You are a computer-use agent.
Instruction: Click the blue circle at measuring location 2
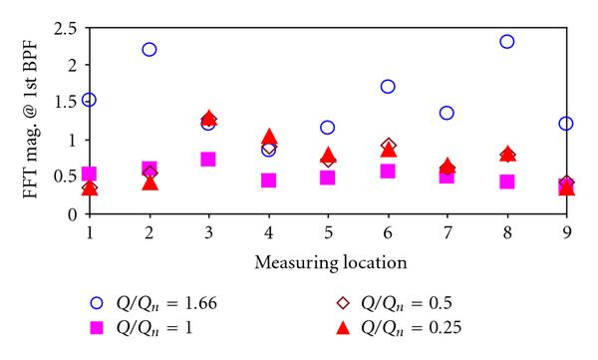coord(149,49)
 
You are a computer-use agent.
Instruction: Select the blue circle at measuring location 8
coord(506,42)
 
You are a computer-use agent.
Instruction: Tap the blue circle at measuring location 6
coord(388,87)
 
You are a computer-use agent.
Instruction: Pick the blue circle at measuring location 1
coord(90,100)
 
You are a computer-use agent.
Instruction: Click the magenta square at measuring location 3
coord(208,160)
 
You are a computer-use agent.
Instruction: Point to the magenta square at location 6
coord(388,172)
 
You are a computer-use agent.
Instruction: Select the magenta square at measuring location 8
coord(506,181)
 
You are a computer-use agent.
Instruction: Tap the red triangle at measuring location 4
coord(268,138)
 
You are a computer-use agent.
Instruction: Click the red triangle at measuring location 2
coord(149,181)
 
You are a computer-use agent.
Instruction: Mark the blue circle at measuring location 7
coord(447,113)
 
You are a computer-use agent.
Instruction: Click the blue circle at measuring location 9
coord(566,124)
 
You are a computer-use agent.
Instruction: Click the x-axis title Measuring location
coord(329,263)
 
